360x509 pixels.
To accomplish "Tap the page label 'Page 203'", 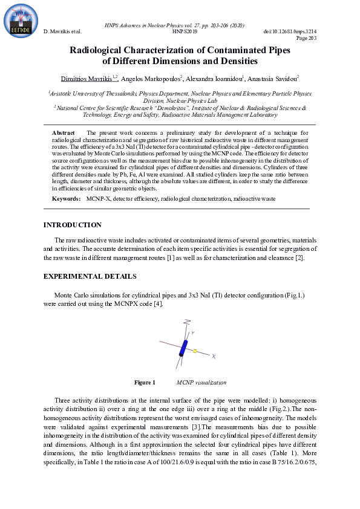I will tap(306, 37).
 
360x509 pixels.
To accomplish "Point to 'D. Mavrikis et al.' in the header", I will tap(63, 30).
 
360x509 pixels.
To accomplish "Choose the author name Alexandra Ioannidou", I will tap(208, 79).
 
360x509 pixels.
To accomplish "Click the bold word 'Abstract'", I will tap(64, 132).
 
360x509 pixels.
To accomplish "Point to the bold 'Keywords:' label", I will tap(66, 198).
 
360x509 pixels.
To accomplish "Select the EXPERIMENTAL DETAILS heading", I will tap(90, 276).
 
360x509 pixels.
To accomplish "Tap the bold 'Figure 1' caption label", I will tap(145, 383).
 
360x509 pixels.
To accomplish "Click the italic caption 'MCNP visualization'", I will tap(201, 383).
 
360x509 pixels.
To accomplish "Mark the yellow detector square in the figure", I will tap(195, 351).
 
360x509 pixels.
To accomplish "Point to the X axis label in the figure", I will tap(214, 357).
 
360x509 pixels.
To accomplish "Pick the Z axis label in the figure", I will tap(188, 321).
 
